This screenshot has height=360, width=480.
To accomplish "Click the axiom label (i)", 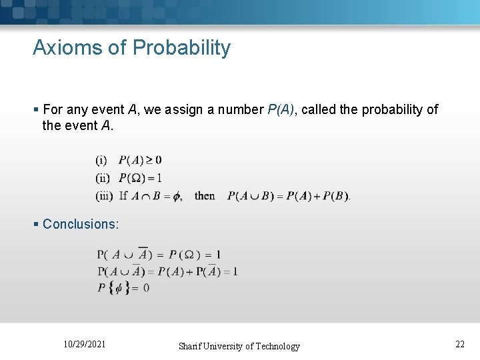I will tap(101, 160).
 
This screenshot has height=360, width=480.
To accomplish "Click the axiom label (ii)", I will tap(103, 178).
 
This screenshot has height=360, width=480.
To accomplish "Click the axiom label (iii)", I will tap(104, 196).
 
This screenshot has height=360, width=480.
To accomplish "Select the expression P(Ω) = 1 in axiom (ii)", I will tap(140, 178).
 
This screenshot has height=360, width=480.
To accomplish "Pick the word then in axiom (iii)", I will tap(205, 196).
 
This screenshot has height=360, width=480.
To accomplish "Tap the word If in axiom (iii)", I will tap(123, 196).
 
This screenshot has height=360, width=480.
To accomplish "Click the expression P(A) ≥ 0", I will tap(140, 160).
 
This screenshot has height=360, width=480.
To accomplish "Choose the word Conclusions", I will tap(81, 224).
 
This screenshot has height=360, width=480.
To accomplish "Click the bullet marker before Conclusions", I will tap(36, 224).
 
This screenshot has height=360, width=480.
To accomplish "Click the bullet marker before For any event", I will tap(36, 109).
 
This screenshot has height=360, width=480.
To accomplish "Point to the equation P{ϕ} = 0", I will tap(123, 288).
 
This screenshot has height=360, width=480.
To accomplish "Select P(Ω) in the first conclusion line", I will tap(183, 254).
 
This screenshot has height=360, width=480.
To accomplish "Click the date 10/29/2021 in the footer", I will tap(84, 344).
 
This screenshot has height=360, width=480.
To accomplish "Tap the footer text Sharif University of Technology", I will tap(239, 346).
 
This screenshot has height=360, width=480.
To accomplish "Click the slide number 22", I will tap(459, 344).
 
